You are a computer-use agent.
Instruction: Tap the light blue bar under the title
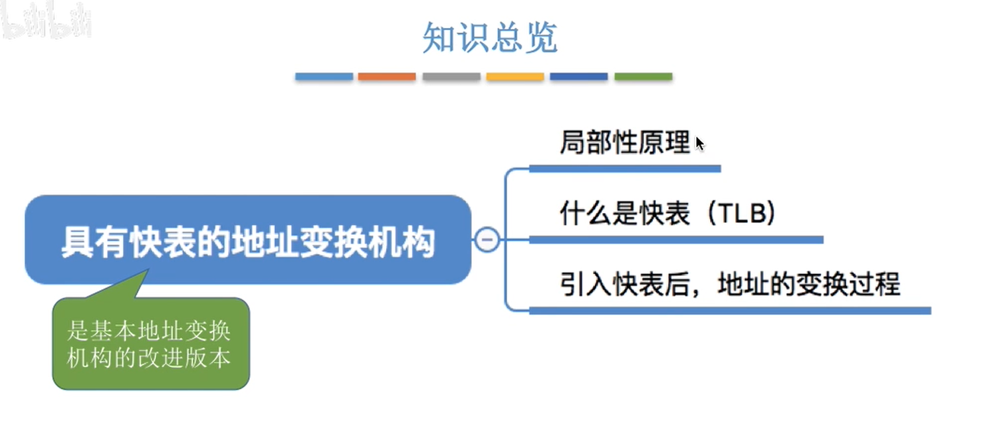click(324, 77)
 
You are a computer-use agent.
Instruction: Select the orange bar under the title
click(387, 77)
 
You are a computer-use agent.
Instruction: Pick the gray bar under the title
click(451, 77)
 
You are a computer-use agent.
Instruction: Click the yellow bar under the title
click(515, 77)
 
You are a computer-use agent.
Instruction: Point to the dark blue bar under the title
click(578, 77)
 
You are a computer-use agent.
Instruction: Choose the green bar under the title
click(643, 77)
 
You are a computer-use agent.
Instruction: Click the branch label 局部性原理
click(625, 143)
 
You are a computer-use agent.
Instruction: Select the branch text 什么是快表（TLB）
click(667, 214)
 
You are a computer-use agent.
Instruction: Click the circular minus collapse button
click(487, 240)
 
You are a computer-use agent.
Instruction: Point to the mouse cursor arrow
click(699, 143)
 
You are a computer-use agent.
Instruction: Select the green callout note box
click(151, 343)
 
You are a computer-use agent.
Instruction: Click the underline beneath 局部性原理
click(625, 169)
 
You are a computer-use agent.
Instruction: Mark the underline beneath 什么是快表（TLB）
click(676, 240)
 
